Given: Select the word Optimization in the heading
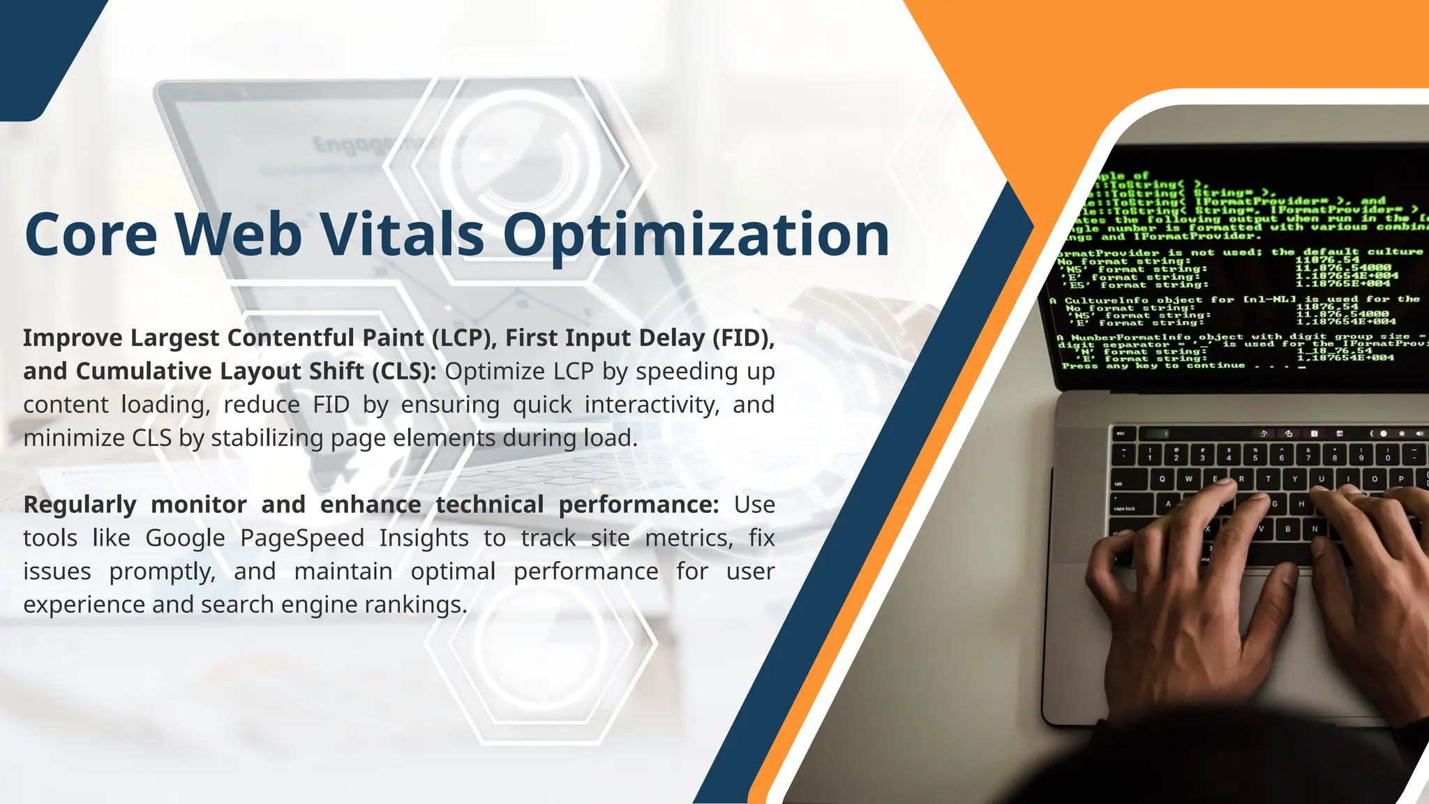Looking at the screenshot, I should pyautogui.click(x=696, y=235).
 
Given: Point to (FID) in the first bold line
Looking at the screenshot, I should pyautogui.click(x=743, y=338).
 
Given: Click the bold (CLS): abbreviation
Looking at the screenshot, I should pyautogui.click(x=403, y=371).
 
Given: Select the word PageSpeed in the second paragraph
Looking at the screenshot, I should pyautogui.click(x=302, y=538).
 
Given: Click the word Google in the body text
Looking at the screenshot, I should pyautogui.click(x=185, y=538).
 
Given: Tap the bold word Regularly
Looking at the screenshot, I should pyautogui.click(x=80, y=505).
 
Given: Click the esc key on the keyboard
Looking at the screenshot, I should pyautogui.click(x=1121, y=433).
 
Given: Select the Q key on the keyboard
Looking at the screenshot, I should pyautogui.click(x=1162, y=479).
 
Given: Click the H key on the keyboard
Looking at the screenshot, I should pyautogui.click(x=1301, y=503).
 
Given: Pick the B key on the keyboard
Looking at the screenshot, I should pyautogui.click(x=1288, y=529).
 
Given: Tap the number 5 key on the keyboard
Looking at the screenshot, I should pyautogui.click(x=1255, y=456).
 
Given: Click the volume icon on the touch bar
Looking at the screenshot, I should pyautogui.click(x=1419, y=433).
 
